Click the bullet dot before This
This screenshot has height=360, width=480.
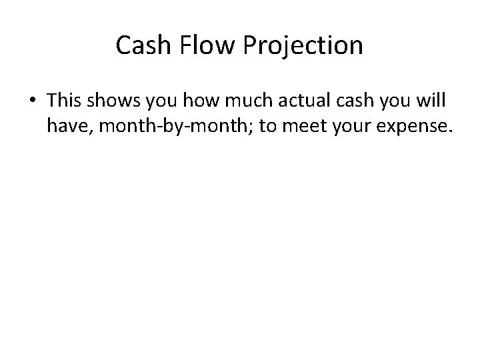tap(33, 100)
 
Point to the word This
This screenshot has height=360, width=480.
tap(65, 99)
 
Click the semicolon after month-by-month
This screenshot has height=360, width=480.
tap(253, 127)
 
